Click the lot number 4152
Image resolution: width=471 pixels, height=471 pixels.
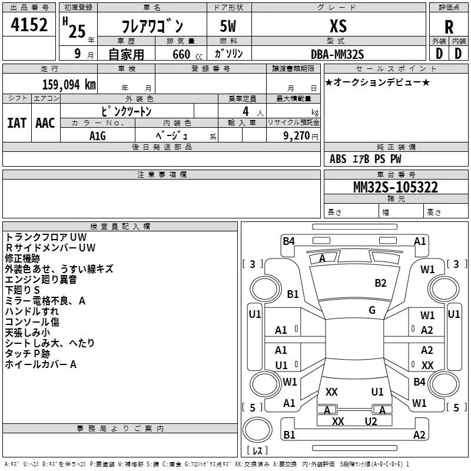(x=29, y=25)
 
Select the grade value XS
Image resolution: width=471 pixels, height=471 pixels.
(x=338, y=26)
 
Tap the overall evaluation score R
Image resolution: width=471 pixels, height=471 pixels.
(x=449, y=27)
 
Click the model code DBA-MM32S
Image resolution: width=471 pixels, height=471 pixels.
(x=337, y=54)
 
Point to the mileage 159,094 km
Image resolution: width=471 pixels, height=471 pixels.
(x=69, y=84)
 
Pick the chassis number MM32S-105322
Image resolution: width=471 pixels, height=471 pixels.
(x=396, y=187)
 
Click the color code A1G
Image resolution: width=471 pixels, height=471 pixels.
(x=98, y=136)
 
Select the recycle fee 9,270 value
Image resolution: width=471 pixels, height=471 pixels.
(x=297, y=136)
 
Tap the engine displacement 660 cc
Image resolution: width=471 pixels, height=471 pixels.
(x=187, y=55)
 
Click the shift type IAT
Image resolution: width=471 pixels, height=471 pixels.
(x=17, y=123)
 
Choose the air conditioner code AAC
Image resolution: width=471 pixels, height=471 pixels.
(x=45, y=123)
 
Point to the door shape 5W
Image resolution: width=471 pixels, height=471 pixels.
(x=228, y=26)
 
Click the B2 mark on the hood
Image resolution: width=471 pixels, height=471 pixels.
(x=380, y=283)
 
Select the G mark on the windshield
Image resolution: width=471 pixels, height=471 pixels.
(x=372, y=310)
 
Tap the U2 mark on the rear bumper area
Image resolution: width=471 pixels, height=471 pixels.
(x=371, y=422)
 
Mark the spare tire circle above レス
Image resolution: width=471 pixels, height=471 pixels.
(x=257, y=430)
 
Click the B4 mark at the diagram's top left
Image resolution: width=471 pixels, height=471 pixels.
(x=288, y=241)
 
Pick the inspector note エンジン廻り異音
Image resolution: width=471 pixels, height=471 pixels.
(x=41, y=280)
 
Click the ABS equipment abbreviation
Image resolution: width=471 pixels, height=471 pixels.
(x=338, y=159)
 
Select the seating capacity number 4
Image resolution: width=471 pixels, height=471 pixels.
(x=246, y=111)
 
